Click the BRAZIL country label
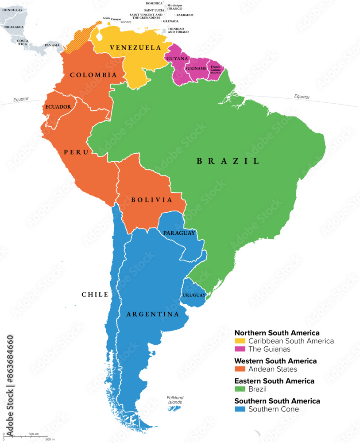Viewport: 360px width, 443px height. (228, 162)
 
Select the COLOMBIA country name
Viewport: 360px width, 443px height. (93, 75)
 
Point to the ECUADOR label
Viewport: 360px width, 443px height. (58, 107)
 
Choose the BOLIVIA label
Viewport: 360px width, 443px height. (151, 200)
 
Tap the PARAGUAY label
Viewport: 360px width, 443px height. (179, 233)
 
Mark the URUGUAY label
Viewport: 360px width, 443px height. (194, 295)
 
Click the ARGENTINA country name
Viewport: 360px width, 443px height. (153, 315)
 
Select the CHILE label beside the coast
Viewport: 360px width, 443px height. (95, 295)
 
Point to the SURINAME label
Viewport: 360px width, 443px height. (195, 69)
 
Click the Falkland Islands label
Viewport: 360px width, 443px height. (175, 400)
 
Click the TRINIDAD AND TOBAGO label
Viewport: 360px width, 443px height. (178, 30)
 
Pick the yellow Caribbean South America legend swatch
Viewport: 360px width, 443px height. (240, 342)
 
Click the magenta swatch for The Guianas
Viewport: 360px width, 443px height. (240, 350)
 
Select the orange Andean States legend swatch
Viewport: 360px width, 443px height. (240, 369)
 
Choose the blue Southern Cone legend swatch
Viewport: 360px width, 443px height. (240, 409)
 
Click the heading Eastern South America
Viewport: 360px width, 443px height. (274, 381)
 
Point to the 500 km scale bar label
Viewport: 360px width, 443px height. (34, 433)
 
